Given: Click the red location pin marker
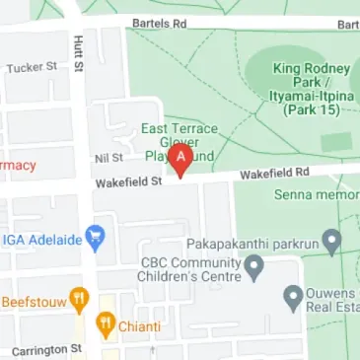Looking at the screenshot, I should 180,165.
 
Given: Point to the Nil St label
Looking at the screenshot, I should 108,157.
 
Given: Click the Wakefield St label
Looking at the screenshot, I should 127,182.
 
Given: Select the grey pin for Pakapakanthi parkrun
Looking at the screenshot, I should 333,239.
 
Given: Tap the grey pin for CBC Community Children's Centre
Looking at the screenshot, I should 253,265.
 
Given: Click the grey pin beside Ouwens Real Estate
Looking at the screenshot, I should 292,295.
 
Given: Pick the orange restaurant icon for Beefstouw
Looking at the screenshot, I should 79,299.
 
